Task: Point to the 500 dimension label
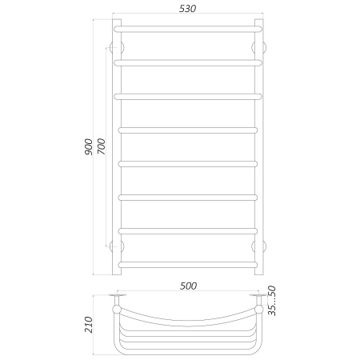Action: click(188, 285)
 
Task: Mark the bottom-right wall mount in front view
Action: click(261, 245)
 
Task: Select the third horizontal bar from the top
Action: click(188, 96)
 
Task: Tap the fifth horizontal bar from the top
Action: click(188, 163)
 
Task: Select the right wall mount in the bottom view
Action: click(257, 300)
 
